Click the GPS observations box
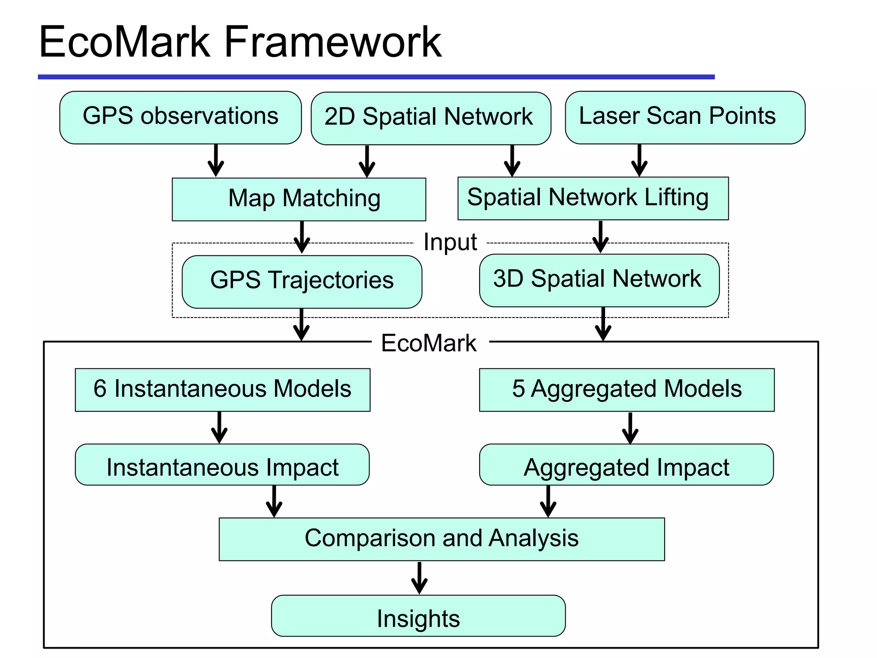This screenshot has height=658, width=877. coord(180,117)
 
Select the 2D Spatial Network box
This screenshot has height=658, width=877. coord(430,118)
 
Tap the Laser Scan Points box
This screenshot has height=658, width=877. coord(685,117)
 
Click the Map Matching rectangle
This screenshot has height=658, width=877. coord(299,199)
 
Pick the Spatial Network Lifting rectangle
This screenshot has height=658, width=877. coord(593,198)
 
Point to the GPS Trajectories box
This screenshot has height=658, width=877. coord(302,281)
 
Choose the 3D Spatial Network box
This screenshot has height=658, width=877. coord(599,280)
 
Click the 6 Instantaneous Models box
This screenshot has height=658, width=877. coord(222,389)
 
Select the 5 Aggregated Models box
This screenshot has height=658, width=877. coord(626,389)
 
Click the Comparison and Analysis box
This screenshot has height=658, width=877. coord(441,539)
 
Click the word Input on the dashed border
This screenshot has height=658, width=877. coord(450,242)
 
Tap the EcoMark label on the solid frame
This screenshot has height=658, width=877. coord(429,343)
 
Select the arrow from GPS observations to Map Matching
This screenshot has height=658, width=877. coord(216,161)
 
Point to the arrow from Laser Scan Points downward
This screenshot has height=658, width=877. coord(639,161)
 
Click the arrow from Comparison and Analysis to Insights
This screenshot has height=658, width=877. coord(419,578)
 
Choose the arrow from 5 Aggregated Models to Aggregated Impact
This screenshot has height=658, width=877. coord(630,428)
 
